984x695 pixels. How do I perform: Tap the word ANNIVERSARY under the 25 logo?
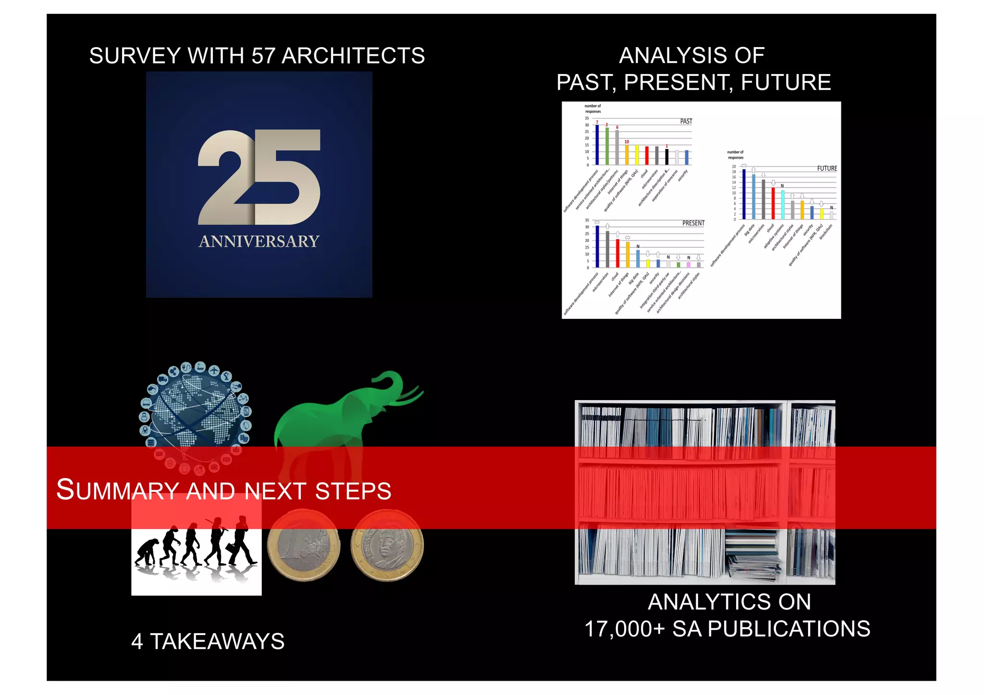point(259,241)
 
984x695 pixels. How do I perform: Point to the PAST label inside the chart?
point(686,122)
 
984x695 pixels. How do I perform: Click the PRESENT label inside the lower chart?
point(693,223)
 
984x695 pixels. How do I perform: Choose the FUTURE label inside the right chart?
point(827,169)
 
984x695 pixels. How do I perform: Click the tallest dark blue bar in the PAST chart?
point(597,145)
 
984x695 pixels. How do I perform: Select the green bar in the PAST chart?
point(607,146)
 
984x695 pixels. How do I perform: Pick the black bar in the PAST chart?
point(667,157)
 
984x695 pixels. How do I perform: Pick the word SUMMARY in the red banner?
point(118,490)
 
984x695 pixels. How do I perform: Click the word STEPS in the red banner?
point(353,491)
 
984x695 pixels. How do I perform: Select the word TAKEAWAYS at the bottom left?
point(217,642)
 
